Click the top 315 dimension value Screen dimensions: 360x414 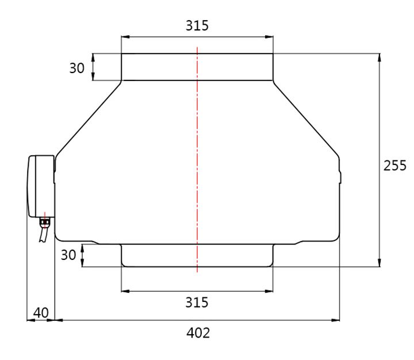197,26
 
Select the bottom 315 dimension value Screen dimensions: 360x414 197,302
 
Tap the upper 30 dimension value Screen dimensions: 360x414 76,68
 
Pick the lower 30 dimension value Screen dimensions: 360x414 68,255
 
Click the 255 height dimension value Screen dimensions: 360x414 395,166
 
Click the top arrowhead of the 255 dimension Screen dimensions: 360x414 379,57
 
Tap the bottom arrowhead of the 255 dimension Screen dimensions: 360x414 379,263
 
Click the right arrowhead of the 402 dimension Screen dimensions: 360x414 336,320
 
